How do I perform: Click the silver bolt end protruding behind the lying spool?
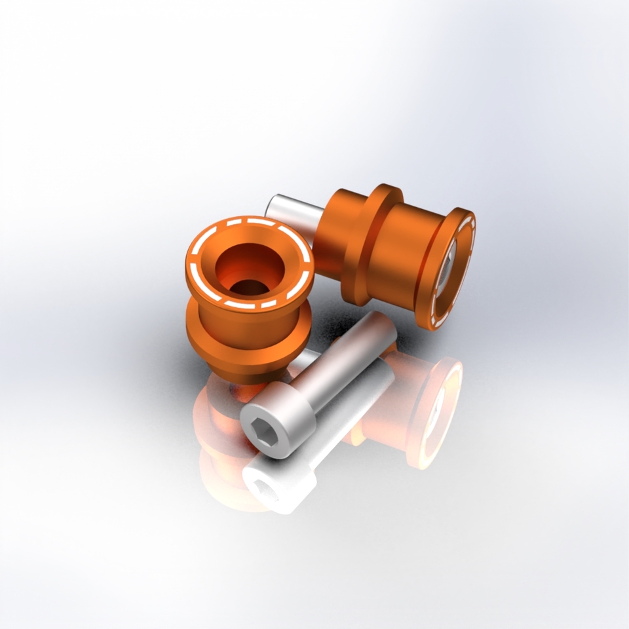tap(292, 211)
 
